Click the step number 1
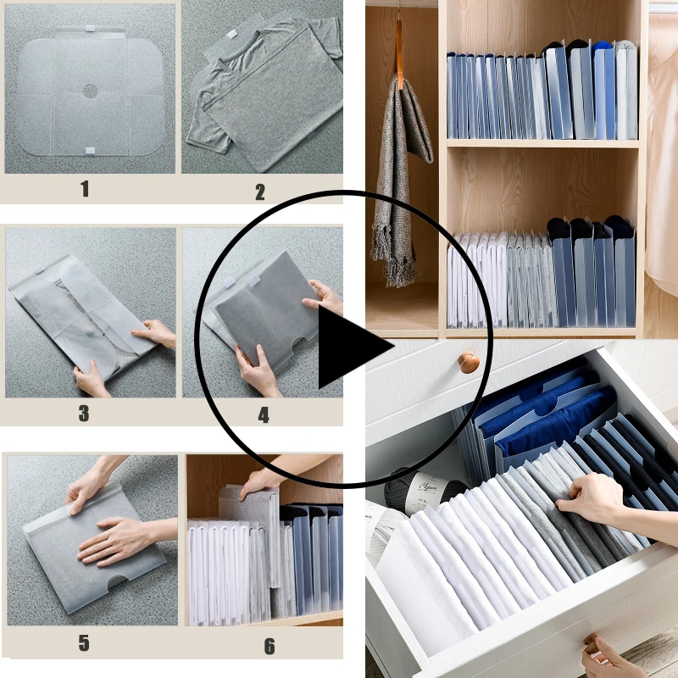coord(85,189)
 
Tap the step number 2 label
coord(260,192)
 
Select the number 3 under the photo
coord(84,414)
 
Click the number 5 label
coord(84,643)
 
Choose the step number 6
coord(269,646)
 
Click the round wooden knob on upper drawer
coord(469,363)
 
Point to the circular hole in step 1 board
coord(90,89)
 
